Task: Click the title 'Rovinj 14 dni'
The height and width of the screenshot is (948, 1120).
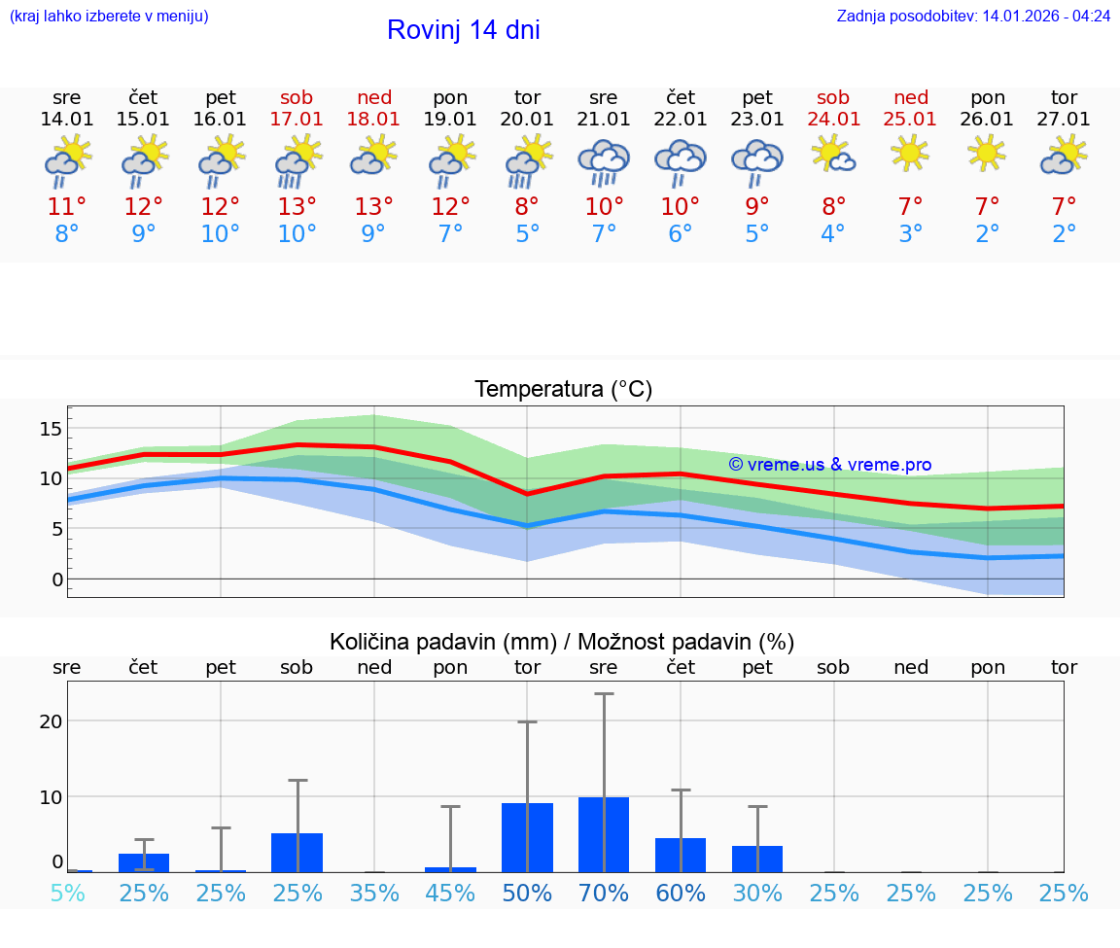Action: (463, 30)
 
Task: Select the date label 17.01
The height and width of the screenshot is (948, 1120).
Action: (297, 120)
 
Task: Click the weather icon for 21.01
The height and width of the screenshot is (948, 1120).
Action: (604, 161)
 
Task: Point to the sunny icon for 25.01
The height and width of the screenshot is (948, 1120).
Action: (911, 153)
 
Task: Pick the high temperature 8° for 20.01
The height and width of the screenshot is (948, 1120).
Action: (527, 207)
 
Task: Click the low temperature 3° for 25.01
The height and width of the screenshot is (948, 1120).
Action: (911, 234)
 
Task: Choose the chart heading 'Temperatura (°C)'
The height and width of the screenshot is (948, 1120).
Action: (563, 390)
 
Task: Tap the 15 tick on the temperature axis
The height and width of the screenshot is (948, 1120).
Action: (52, 429)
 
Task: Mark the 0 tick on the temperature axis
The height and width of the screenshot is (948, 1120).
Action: (57, 579)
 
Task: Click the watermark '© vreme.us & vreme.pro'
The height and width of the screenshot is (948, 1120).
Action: (830, 465)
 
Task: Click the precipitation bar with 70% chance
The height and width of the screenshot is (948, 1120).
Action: (604, 834)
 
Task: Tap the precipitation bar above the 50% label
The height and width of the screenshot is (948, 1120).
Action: (527, 837)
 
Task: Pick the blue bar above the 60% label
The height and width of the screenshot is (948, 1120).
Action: (681, 855)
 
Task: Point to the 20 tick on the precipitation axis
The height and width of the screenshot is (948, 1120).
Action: (52, 721)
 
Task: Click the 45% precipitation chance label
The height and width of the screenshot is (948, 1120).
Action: (450, 894)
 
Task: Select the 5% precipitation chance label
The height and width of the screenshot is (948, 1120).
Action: (67, 894)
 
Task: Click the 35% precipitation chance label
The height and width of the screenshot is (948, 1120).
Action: (374, 894)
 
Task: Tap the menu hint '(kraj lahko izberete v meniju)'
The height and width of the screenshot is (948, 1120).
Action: (109, 17)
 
